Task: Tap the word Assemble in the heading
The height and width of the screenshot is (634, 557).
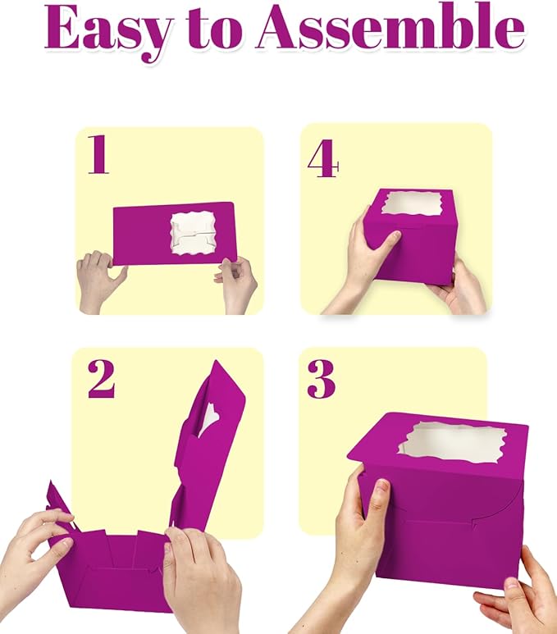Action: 390,28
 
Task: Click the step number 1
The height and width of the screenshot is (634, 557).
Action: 98,154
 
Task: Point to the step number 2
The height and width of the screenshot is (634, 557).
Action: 101,379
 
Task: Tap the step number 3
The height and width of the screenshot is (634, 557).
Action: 322,379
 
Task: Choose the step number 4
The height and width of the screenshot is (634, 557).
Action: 322,158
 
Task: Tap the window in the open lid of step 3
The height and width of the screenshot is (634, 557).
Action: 452,443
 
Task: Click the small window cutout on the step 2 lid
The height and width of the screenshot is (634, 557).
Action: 208,421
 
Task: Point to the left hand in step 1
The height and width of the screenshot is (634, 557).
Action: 100,281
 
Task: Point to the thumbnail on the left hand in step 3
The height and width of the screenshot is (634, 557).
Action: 381,489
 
